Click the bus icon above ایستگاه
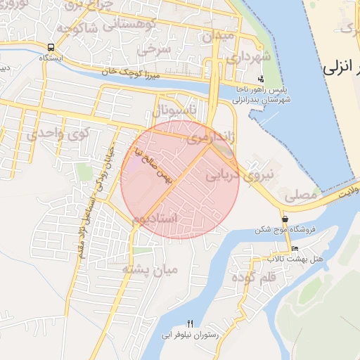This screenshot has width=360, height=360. [x=50, y=48]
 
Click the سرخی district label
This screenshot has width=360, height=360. [x=154, y=50]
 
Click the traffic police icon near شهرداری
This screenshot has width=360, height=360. [x=262, y=79]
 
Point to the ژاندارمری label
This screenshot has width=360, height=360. [x=210, y=138]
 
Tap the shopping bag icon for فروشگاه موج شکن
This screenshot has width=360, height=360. [x=285, y=219]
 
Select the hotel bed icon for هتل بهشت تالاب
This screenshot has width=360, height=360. [x=295, y=249]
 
